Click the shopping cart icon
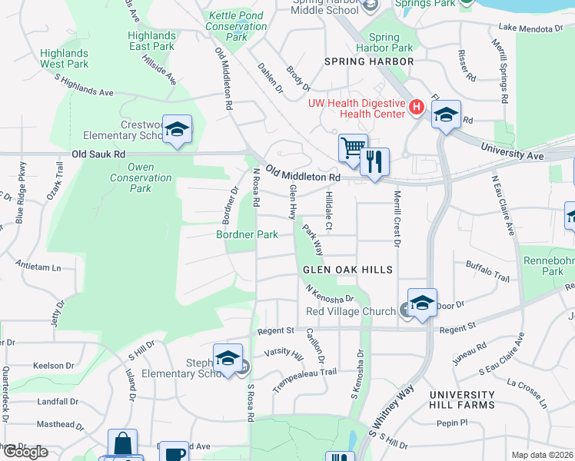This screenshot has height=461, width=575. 353,146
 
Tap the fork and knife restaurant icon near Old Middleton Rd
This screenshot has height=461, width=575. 374,161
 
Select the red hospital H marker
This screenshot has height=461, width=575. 416,107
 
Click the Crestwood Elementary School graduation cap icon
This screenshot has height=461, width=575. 177,130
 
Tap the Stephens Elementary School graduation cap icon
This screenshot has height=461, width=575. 228,359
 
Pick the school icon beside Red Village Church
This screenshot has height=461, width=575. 422,303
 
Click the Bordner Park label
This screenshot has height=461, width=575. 247,234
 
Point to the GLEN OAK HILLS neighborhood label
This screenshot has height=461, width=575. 347,270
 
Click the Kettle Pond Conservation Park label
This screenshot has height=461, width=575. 236,26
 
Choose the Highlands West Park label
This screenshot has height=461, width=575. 65,58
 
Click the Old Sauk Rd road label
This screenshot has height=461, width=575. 98,154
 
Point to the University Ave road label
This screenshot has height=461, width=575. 512,151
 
